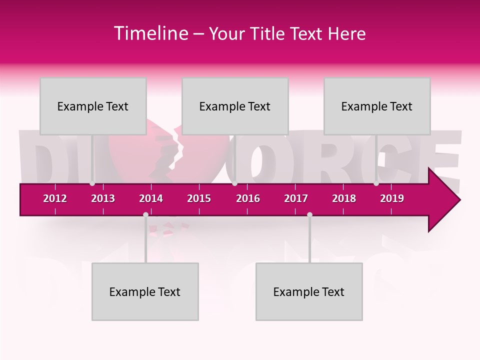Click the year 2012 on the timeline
click(x=55, y=198)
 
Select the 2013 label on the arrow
click(x=103, y=198)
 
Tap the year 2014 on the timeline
click(x=151, y=198)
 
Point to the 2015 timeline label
click(x=199, y=198)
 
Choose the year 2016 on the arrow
click(x=248, y=198)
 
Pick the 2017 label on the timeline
click(x=296, y=198)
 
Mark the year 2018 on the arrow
click(x=344, y=198)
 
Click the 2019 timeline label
click(x=392, y=198)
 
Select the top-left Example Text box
click(x=93, y=106)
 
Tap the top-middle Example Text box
click(x=235, y=106)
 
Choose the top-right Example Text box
click(x=377, y=106)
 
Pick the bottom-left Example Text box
click(x=145, y=292)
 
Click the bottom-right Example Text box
click(x=309, y=292)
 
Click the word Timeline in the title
click(x=150, y=33)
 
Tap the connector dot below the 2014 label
click(x=145, y=214)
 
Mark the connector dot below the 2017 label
click(x=309, y=214)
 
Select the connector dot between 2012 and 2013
click(x=92, y=183)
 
